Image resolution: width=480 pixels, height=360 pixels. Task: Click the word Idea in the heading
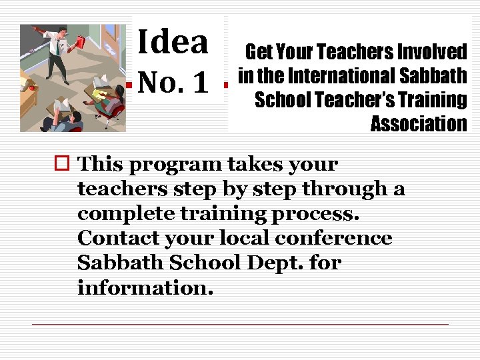[x=173, y=42]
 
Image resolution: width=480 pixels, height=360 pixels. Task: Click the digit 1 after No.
[x=199, y=84]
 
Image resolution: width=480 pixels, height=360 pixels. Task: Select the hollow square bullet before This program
[x=63, y=164]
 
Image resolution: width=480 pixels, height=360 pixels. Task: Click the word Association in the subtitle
[x=419, y=124]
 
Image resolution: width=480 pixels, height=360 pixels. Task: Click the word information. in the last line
[x=144, y=287]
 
